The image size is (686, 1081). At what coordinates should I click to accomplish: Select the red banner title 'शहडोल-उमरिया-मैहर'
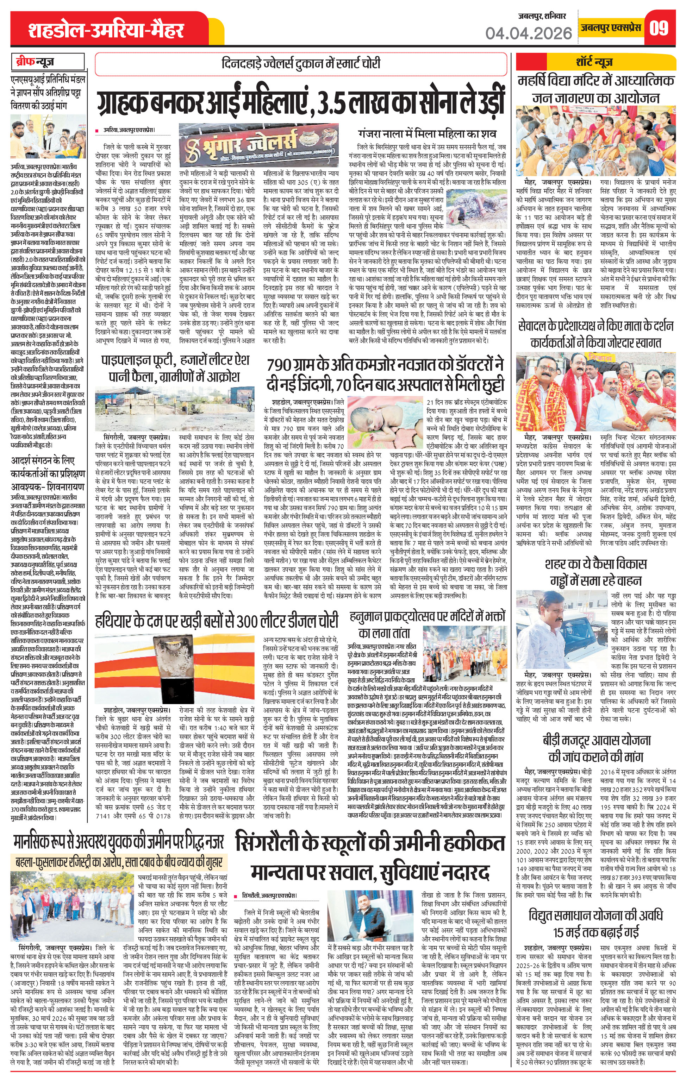point(106,31)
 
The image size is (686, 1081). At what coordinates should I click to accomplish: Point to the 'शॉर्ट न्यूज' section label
point(594,62)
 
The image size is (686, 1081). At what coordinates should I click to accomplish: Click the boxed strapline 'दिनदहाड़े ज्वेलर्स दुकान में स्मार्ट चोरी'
point(300,64)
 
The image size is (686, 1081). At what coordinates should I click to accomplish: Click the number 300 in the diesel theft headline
point(247,621)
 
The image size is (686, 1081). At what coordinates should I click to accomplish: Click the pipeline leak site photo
point(175,409)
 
